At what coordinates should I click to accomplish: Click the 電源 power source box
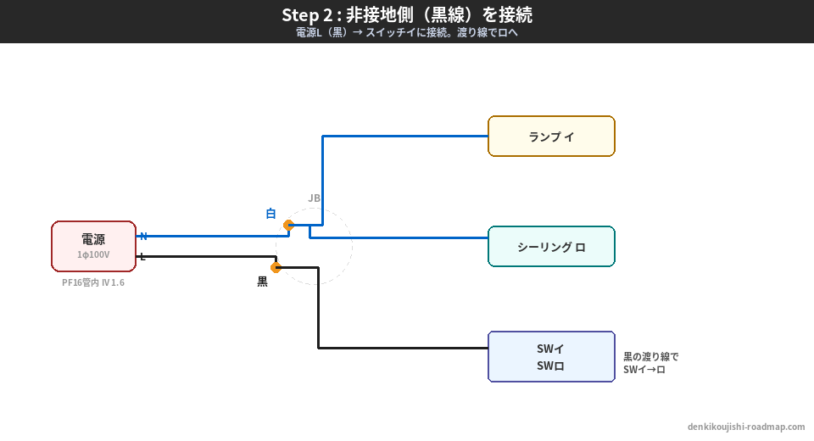tap(93, 246)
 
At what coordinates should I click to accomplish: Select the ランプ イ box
tap(551, 137)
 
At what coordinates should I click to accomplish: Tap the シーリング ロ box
tap(551, 247)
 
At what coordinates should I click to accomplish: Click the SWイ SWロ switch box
tap(551, 357)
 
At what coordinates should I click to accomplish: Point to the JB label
tap(314, 198)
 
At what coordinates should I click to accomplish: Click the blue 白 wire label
tap(271, 214)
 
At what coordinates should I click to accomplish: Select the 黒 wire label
tap(263, 282)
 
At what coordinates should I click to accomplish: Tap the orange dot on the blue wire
tap(288, 226)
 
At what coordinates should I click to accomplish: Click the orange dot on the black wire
tap(276, 268)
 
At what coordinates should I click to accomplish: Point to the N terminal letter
tap(143, 236)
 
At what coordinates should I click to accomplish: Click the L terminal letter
tap(142, 257)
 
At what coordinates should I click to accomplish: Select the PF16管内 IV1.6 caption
tap(93, 282)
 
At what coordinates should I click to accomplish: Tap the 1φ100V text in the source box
tap(93, 254)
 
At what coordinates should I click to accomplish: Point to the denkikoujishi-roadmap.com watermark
tap(746, 427)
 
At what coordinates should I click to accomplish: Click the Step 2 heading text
tap(407, 15)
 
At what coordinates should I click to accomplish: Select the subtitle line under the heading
tap(407, 33)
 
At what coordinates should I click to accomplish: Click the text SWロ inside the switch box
tap(551, 366)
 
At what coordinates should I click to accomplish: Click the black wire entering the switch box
tap(407, 348)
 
